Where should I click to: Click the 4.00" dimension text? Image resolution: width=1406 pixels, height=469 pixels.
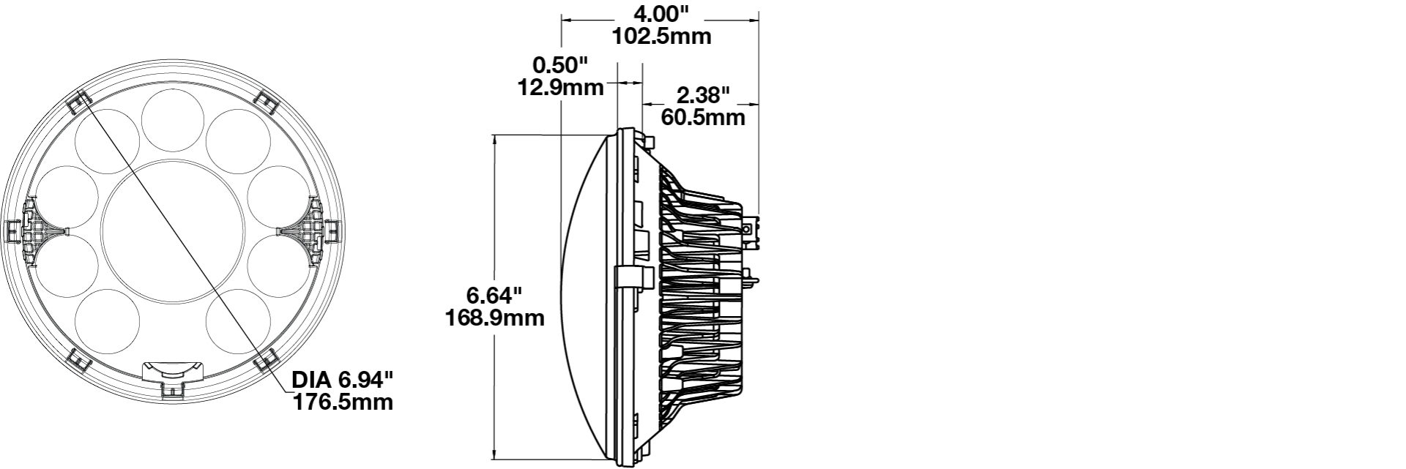(x=661, y=13)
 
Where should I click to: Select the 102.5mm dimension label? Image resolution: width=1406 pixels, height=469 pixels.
(x=661, y=36)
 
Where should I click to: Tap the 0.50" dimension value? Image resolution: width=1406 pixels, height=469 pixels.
(x=561, y=65)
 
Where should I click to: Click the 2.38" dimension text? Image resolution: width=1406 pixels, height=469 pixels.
(x=703, y=94)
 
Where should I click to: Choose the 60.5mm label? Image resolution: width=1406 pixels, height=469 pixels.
(x=703, y=117)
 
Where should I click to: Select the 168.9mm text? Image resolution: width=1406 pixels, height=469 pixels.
(x=495, y=318)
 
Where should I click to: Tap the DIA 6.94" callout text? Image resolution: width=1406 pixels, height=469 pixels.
(x=343, y=380)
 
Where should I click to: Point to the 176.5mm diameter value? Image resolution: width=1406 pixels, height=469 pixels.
(x=343, y=402)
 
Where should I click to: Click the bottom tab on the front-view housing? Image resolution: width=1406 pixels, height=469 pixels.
(x=174, y=380)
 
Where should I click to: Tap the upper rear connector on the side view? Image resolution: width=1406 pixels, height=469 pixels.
(x=754, y=228)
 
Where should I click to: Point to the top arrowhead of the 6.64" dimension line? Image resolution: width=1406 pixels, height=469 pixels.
(x=495, y=139)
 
